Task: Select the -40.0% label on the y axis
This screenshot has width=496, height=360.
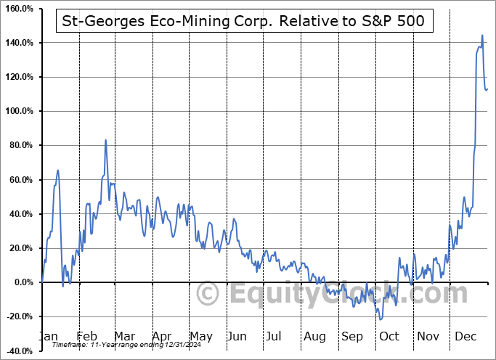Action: click(19, 351)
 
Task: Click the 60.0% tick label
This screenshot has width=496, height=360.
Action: click(20, 180)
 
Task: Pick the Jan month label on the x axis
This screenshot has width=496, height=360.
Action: click(49, 337)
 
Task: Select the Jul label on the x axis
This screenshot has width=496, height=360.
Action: click(275, 337)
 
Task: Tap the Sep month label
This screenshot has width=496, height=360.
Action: click(352, 337)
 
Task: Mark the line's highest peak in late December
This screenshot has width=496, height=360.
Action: click(482, 35)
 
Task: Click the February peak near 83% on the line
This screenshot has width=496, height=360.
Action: click(105, 140)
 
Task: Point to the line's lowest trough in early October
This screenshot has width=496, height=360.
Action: click(381, 319)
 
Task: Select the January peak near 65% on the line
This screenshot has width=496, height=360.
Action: click(57, 171)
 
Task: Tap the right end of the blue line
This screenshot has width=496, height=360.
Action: click(488, 89)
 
